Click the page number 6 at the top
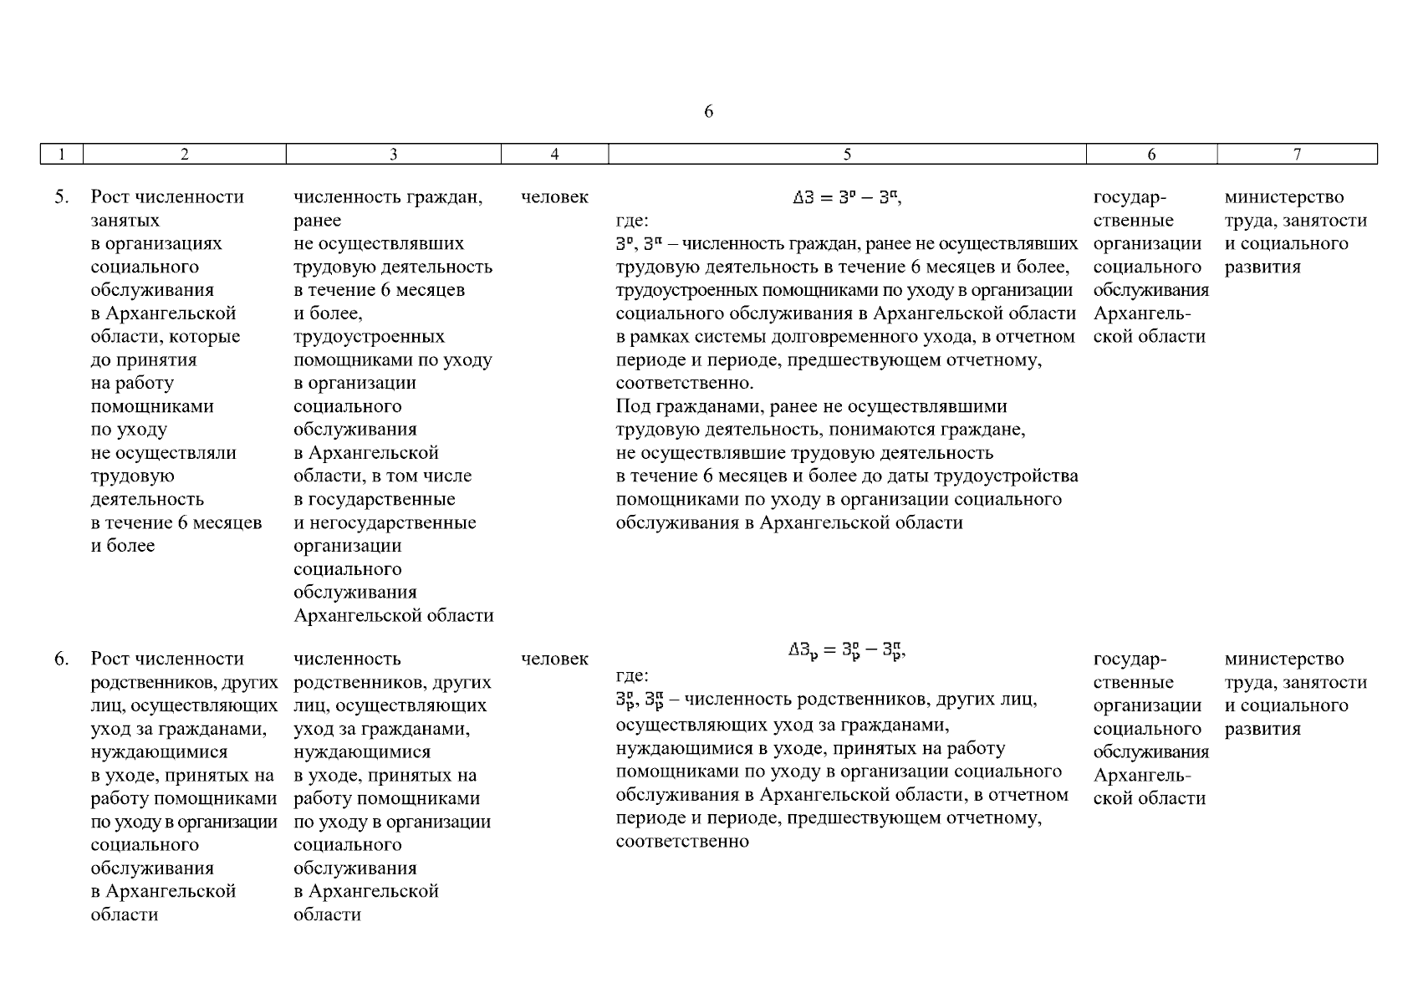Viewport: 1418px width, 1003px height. [x=708, y=112]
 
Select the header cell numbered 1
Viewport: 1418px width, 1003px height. [x=61, y=154]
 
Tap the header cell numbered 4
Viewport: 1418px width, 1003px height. [x=554, y=154]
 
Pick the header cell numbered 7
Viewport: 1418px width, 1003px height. [x=1297, y=154]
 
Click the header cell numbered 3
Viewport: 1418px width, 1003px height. [x=393, y=154]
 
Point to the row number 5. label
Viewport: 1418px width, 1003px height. [x=62, y=197]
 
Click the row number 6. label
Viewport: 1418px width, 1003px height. [x=62, y=659]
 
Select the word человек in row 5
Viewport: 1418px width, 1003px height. [x=554, y=197]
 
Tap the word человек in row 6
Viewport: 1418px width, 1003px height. [x=554, y=659]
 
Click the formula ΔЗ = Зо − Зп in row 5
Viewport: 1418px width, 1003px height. [x=846, y=198]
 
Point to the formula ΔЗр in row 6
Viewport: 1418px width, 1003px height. [x=846, y=651]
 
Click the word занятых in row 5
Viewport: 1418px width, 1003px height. [x=125, y=221]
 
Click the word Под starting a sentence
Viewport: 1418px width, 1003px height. [x=631, y=407]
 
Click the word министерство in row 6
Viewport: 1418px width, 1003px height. [x=1284, y=659]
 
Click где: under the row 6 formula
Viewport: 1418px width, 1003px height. [x=632, y=675]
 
